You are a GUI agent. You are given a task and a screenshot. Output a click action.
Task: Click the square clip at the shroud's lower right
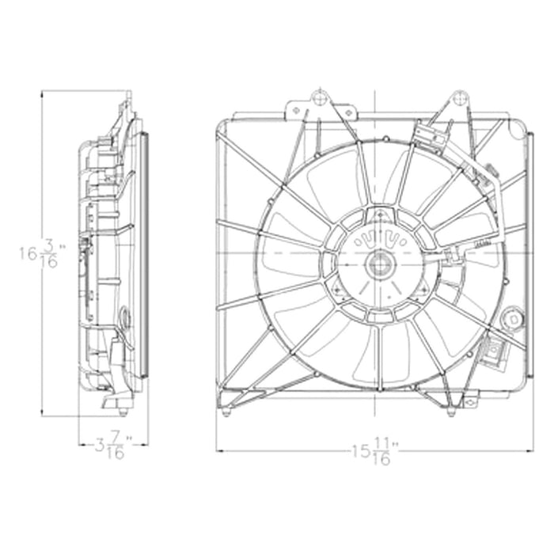click(x=496, y=349)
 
